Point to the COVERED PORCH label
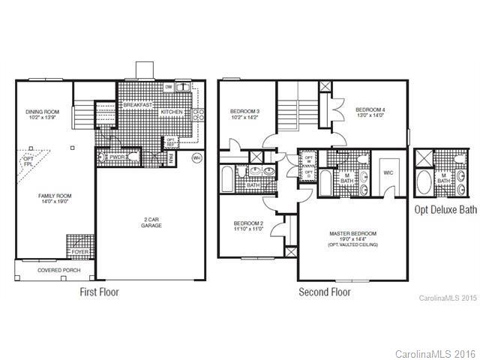tap(54, 268)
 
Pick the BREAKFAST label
tap(138, 105)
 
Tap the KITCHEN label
tap(172, 112)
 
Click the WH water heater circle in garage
tap(196, 158)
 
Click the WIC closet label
tap(388, 172)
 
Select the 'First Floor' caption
tap(100, 292)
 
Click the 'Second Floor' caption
tap(325, 292)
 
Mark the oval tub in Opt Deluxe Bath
tap(424, 181)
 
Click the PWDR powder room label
tap(116, 158)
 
